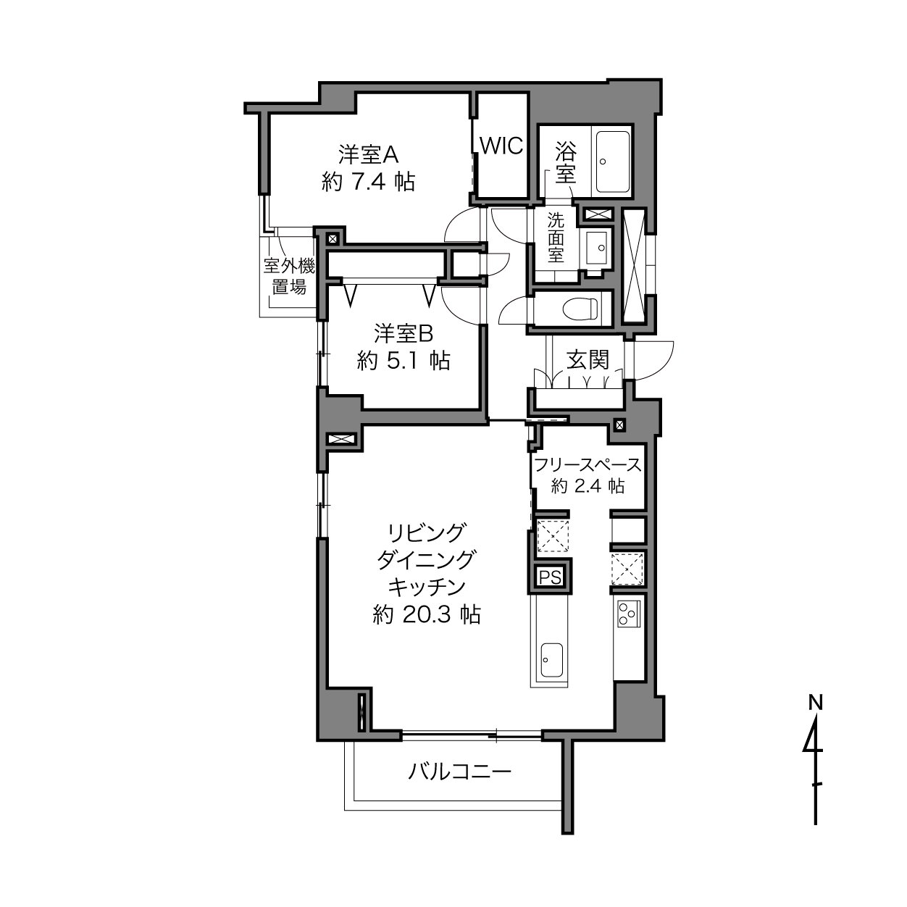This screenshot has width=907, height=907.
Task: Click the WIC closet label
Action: (x=501, y=146)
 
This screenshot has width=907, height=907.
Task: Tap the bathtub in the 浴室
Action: (x=613, y=161)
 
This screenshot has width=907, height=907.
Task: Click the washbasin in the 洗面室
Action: (x=596, y=247)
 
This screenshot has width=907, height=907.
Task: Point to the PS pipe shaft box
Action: (x=550, y=577)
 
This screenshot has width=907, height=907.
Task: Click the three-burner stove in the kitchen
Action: (x=629, y=614)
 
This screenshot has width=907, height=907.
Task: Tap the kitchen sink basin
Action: (x=551, y=659)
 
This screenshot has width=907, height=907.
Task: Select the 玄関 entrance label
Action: (x=588, y=360)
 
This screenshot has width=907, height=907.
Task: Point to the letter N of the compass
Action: (x=816, y=703)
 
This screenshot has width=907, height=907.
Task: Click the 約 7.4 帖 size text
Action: (x=368, y=182)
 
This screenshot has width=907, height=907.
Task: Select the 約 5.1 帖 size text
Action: (x=404, y=361)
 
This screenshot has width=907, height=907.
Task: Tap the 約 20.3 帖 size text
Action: (x=427, y=615)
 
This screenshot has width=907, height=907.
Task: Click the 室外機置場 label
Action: (x=289, y=277)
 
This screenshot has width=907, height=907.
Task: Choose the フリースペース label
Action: (x=588, y=465)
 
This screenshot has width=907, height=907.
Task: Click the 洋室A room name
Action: (x=369, y=154)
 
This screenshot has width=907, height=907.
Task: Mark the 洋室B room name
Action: (x=404, y=333)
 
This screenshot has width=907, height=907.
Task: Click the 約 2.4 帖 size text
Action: (x=588, y=486)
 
